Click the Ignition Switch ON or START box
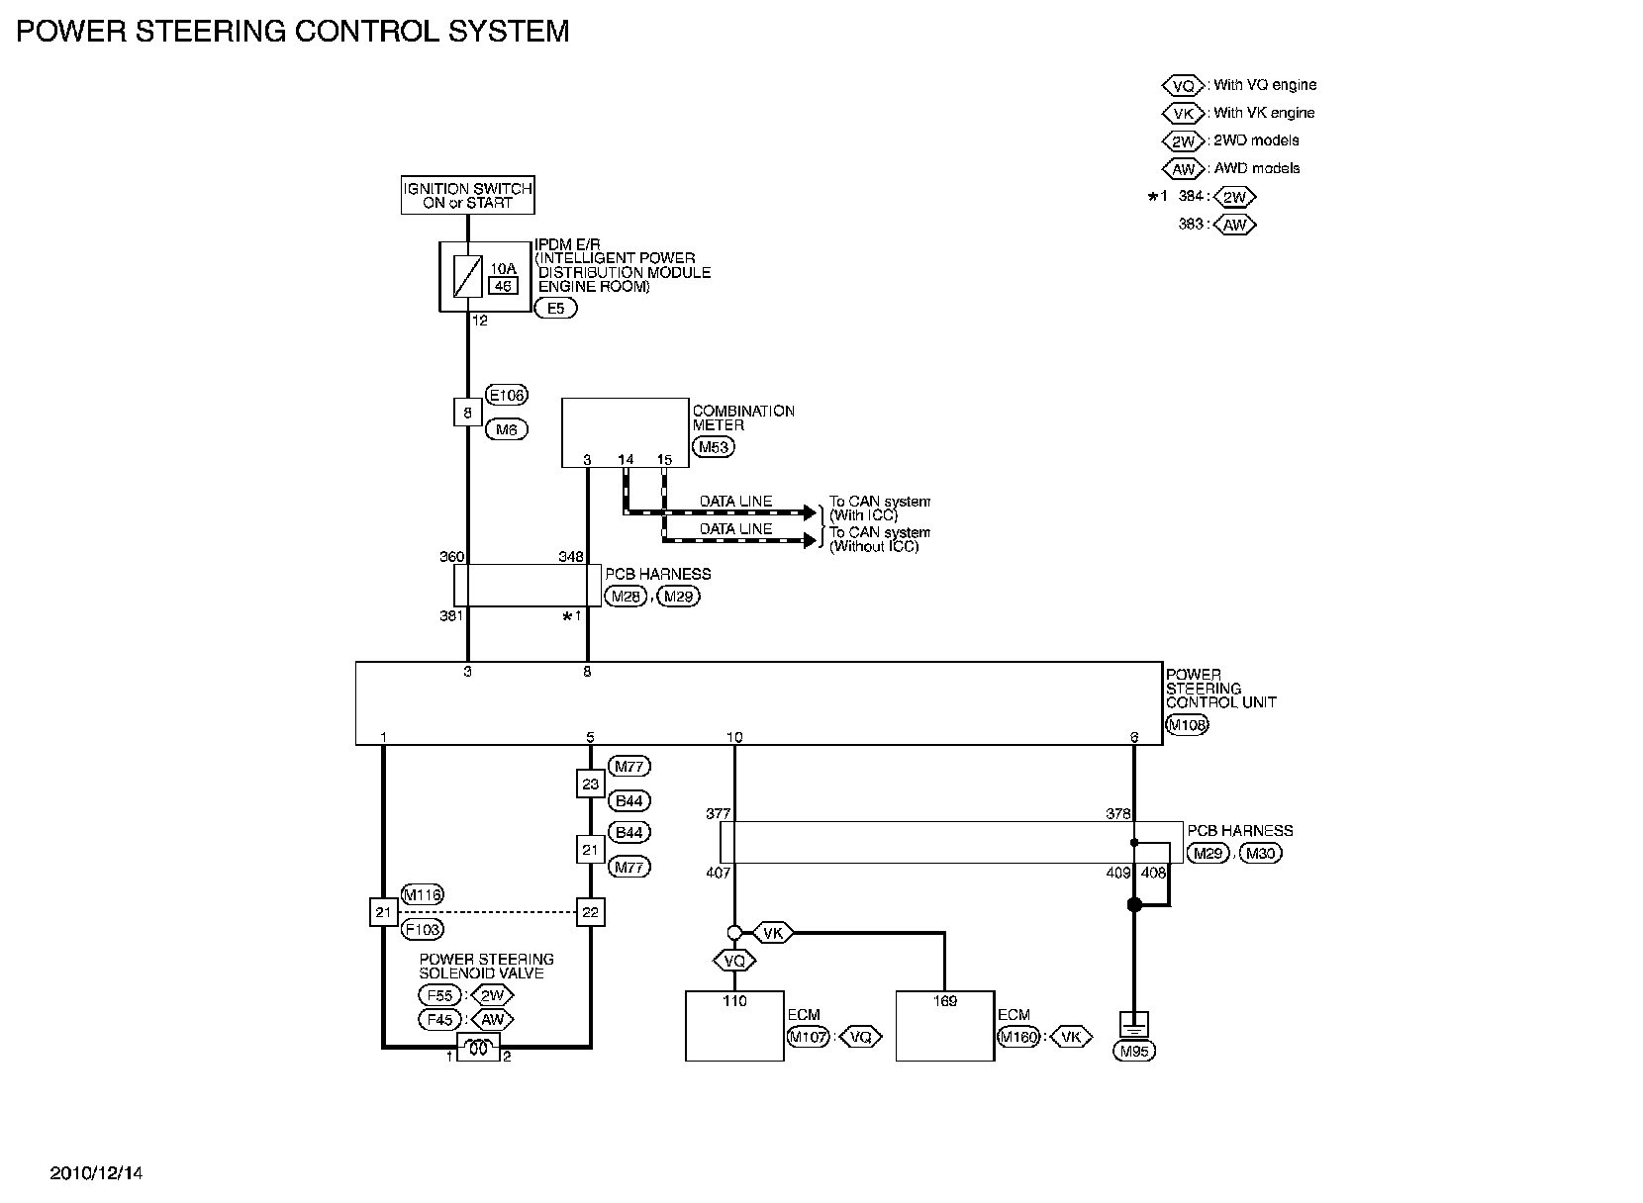click(467, 195)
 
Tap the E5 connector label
click(555, 309)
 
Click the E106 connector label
click(507, 396)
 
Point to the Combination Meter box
click(625, 432)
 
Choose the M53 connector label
click(714, 447)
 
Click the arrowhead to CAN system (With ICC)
click(818, 513)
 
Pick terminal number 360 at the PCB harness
click(451, 557)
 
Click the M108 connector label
click(1188, 725)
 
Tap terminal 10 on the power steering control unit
click(734, 737)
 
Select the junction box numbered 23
click(590, 785)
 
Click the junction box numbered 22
click(590, 912)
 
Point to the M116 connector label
click(422, 895)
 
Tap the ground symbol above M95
click(1133, 1022)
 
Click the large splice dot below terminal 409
click(1134, 905)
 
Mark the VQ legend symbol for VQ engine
click(1183, 85)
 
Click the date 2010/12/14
click(97, 1173)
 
